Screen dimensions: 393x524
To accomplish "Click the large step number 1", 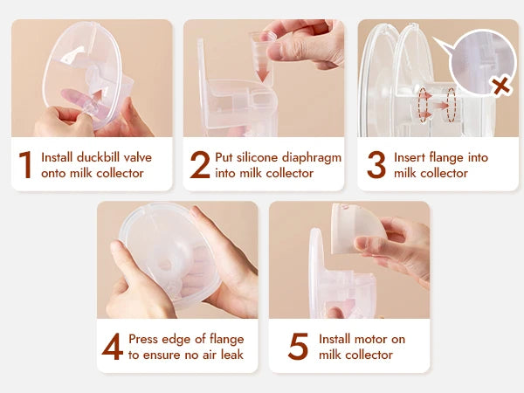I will coord(25,164).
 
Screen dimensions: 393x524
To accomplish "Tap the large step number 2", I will coord(200,164).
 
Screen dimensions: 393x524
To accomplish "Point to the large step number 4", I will coord(112,346).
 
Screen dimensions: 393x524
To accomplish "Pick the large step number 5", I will coord(298,346).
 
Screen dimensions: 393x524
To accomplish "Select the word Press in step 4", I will coord(144,339).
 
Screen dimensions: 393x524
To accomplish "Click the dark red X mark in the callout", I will coord(500,86).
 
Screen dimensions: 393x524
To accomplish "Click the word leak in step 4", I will coord(230,355).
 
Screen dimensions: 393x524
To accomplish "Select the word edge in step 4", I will coord(186,339).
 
